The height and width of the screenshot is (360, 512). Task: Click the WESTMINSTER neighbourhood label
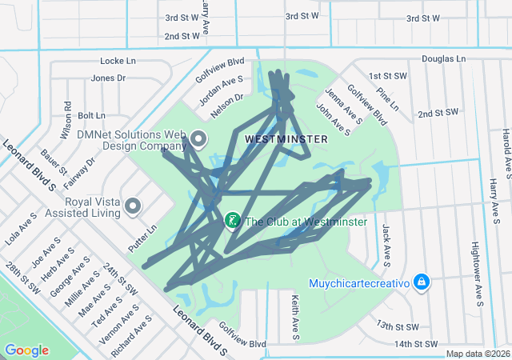286,139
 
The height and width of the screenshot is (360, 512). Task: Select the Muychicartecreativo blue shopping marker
422,282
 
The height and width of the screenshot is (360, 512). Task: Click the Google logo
26,350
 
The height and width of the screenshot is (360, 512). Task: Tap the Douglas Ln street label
443,58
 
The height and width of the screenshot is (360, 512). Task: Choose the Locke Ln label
118,61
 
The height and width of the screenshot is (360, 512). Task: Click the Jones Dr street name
109,78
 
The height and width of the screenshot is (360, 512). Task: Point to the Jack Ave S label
386,244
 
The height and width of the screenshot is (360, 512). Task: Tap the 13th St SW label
398,326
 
